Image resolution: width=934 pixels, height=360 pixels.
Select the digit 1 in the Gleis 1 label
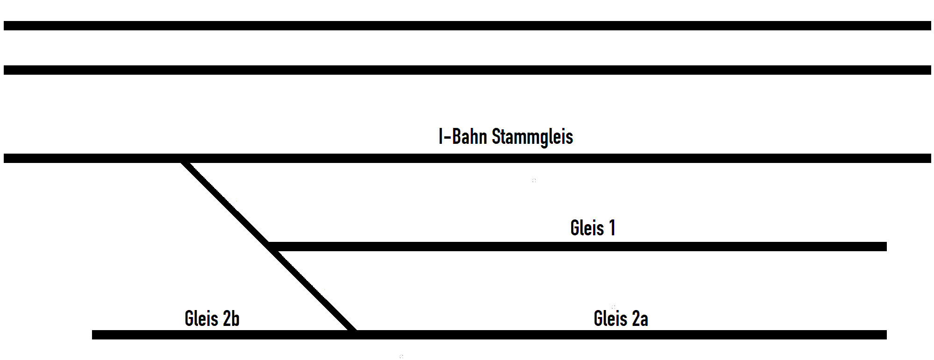[x=612, y=228]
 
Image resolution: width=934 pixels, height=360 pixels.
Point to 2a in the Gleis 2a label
[x=640, y=318]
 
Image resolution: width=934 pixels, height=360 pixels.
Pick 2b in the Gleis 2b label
[x=231, y=318]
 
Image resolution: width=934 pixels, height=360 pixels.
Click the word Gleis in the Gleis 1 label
[x=587, y=228]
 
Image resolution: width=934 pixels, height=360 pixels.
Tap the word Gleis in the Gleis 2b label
[x=201, y=318]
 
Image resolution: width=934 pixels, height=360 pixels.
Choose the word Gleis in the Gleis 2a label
[x=610, y=318]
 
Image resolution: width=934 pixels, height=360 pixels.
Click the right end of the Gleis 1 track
[x=886, y=247]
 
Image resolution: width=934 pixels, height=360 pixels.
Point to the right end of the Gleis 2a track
[x=886, y=335]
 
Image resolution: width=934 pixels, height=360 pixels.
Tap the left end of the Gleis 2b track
[x=93, y=335]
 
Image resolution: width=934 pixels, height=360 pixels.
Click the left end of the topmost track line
[x=5, y=26]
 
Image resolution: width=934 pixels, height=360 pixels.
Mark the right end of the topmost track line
[x=930, y=26]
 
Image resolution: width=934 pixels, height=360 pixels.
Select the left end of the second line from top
[x=5, y=70]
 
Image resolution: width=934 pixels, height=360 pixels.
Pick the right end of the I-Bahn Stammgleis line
[x=930, y=158]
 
